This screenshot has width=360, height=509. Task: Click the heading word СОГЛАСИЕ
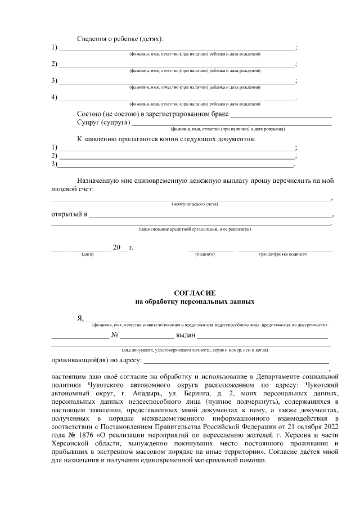[x=195, y=292]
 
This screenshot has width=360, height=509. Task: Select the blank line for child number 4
[x=177, y=99]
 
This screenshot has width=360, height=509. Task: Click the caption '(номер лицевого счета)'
[x=195, y=204]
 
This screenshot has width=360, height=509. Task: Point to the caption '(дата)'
[x=88, y=254]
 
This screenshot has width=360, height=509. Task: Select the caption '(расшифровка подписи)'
[x=283, y=254]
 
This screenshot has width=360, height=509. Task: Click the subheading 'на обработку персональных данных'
[x=195, y=301]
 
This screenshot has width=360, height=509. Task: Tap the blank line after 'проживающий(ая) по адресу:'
[x=236, y=361]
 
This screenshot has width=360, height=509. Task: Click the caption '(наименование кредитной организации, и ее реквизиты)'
[x=195, y=229]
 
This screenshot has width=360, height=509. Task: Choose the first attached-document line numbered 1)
[x=177, y=147]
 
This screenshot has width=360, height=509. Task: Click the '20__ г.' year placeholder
[x=123, y=247]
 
